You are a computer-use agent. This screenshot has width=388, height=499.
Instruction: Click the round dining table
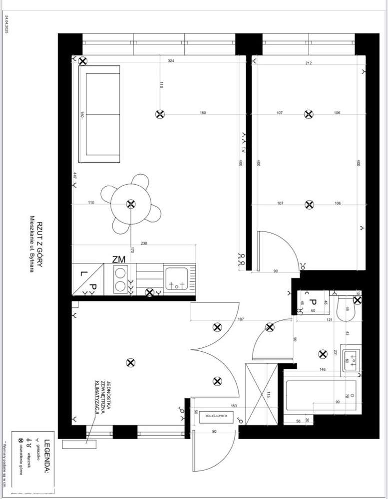coord(130,204)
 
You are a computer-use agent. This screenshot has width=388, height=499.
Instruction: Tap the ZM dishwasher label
coord(118,259)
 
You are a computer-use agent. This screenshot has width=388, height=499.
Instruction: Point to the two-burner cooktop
coord(121,279)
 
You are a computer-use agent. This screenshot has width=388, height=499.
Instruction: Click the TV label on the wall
coord(244,149)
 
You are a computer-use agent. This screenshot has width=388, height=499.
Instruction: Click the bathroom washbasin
coord(352,359)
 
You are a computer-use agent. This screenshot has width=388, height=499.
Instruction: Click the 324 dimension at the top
coord(171,61)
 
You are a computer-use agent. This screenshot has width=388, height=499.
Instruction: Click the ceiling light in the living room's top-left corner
coord(82,61)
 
